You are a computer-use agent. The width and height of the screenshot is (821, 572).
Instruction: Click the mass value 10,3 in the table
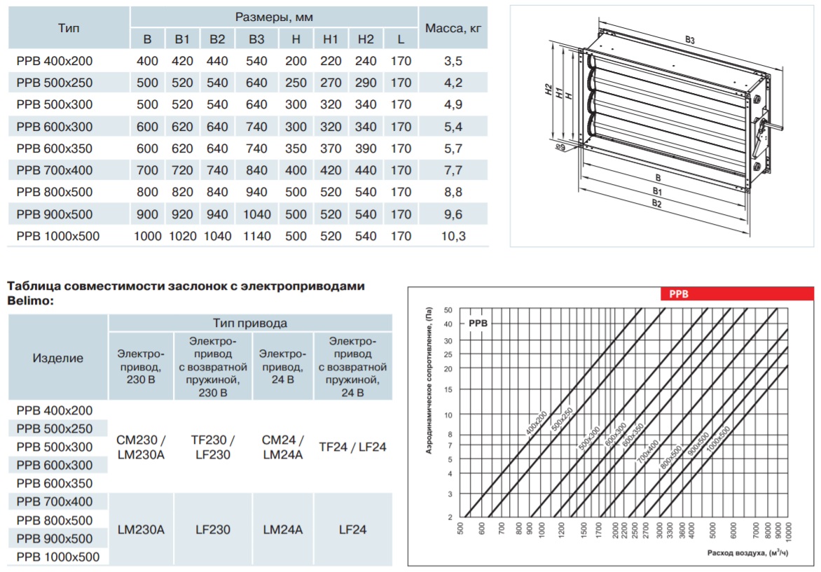453,236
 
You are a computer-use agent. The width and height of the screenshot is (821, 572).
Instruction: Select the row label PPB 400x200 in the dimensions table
55,61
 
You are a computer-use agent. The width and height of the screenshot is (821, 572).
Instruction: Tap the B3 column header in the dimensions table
256,39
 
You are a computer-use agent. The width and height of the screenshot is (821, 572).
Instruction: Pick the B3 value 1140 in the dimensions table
256,236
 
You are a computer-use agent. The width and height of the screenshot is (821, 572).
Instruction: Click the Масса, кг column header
453,28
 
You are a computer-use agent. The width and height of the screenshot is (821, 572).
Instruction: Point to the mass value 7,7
453,170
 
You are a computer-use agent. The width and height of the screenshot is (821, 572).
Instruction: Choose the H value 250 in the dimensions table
296,83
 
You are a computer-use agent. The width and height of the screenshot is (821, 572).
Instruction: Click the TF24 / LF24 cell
352,447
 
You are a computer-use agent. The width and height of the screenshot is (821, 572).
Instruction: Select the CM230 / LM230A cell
141,447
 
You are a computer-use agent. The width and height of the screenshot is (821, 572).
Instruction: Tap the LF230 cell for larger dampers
212,529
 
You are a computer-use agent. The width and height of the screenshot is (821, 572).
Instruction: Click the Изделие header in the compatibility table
57,358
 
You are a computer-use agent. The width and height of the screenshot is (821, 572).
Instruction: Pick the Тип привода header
250,323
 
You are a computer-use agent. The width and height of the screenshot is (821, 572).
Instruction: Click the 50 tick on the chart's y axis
448,310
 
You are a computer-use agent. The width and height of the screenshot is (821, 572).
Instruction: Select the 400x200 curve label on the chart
536,424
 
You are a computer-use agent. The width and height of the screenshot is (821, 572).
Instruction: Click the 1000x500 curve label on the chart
718,438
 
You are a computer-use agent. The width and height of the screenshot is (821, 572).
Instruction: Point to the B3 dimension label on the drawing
689,40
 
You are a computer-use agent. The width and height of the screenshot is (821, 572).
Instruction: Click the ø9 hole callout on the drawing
560,148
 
